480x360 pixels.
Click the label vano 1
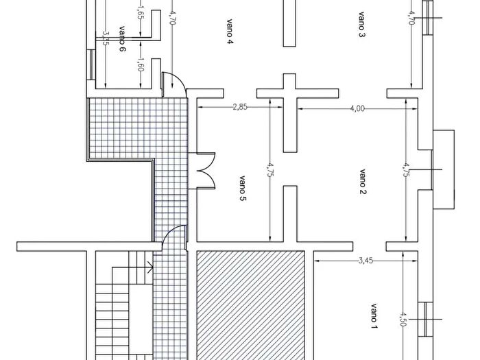(x=374, y=317)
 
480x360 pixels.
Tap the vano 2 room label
(x=362, y=182)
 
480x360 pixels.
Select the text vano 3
(x=361, y=25)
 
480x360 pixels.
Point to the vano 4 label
(x=230, y=32)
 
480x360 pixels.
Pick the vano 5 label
(x=242, y=189)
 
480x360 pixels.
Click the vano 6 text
(x=122, y=39)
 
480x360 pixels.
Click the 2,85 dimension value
(x=240, y=107)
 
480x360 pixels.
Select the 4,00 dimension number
(x=357, y=108)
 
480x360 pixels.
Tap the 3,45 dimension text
(x=365, y=261)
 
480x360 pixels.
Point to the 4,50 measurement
(x=403, y=320)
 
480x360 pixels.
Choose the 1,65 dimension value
(x=140, y=13)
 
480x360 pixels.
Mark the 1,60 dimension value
(x=141, y=65)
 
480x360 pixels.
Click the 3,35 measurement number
(x=106, y=38)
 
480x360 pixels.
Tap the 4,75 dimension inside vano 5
(x=270, y=169)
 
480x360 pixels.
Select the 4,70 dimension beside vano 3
(x=412, y=18)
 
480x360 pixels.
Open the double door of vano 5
(x=206, y=171)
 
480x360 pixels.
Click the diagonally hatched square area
(x=250, y=306)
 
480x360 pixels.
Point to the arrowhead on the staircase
(x=150, y=267)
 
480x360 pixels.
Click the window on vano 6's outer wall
(x=91, y=65)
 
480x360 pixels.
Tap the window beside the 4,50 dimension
(x=426, y=319)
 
